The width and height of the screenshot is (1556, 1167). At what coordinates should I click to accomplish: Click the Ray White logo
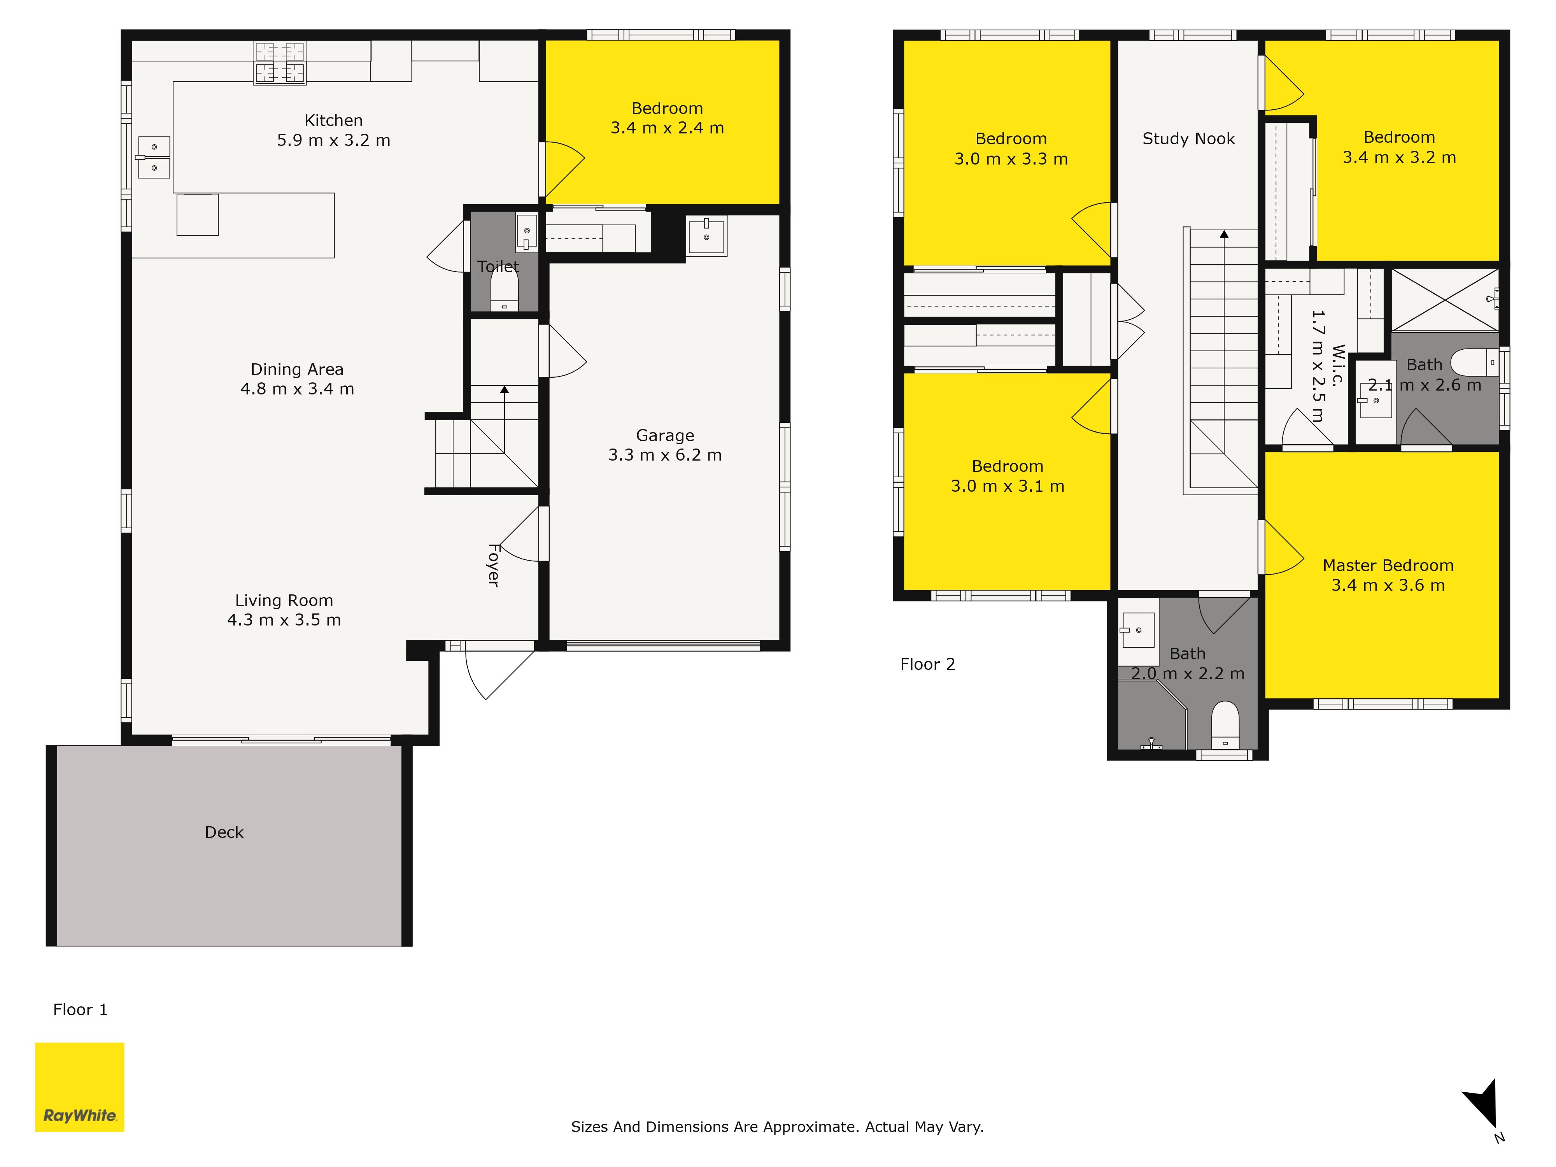click(79, 1087)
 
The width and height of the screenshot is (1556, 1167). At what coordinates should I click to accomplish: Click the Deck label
click(224, 832)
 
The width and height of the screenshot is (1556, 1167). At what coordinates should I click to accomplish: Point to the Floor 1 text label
click(80, 1009)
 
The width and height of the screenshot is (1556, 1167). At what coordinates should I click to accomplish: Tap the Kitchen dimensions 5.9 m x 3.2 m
click(333, 140)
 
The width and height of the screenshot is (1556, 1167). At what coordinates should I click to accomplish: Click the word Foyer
click(494, 565)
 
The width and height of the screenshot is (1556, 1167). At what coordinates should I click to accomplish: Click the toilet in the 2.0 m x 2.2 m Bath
click(1225, 725)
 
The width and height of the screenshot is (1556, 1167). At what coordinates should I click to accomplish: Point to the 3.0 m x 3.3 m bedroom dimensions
click(1011, 159)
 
